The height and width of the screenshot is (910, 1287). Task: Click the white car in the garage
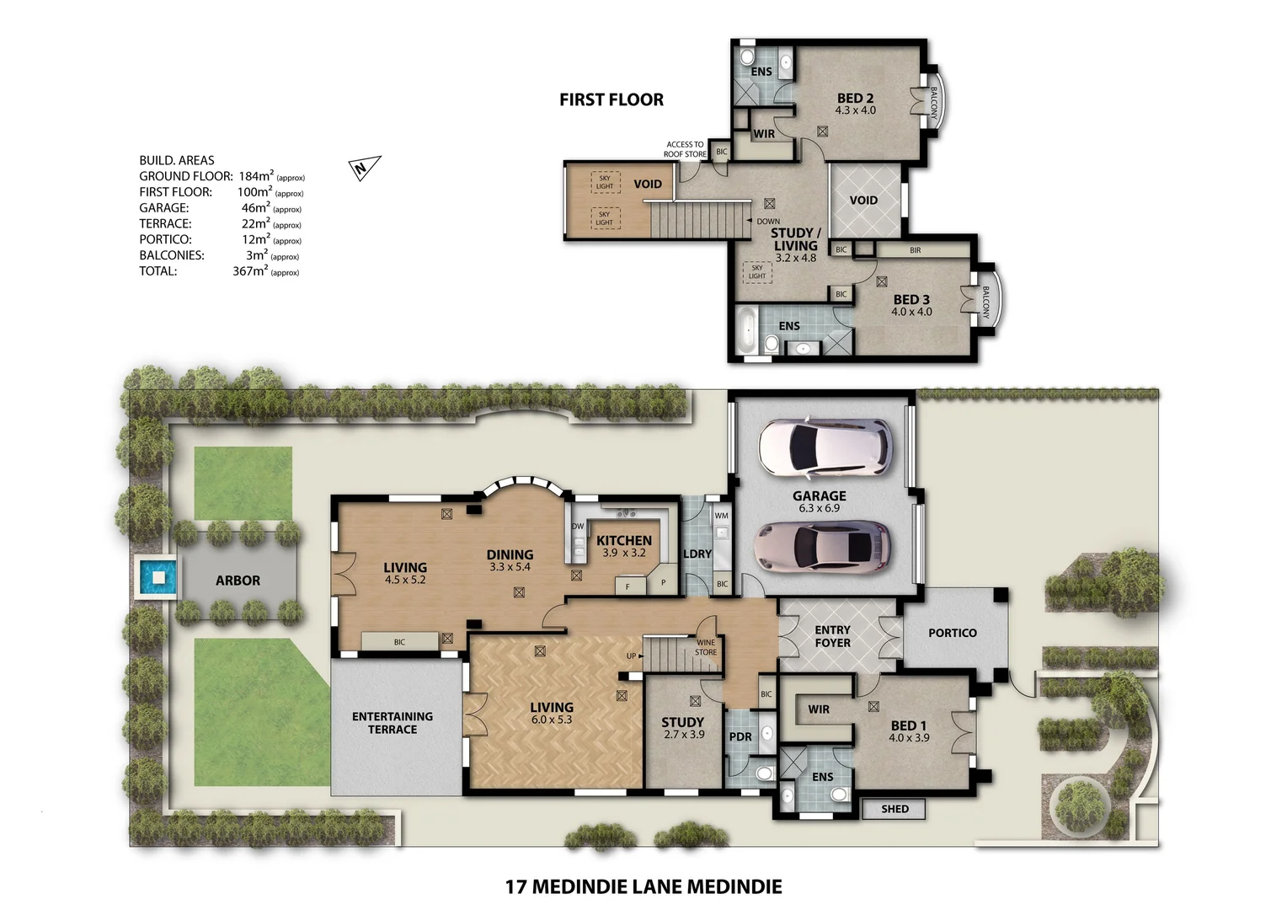point(822,447)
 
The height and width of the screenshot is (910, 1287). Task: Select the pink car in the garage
point(822,547)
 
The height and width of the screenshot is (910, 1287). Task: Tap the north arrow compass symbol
point(364,168)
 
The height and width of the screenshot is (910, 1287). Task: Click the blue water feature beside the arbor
point(156,578)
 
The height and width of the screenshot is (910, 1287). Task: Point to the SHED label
point(894,809)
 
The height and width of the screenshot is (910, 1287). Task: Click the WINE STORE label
point(706,647)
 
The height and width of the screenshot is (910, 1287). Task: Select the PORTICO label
point(952,633)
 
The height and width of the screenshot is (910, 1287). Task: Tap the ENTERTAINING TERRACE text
point(393,723)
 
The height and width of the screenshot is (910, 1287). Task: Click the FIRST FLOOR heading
point(611,99)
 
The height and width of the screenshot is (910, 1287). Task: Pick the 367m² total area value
point(250,271)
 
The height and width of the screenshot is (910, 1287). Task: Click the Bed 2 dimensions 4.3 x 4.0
point(855,110)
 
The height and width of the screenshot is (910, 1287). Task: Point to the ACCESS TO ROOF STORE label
point(685,149)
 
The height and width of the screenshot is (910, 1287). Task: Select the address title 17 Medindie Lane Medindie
point(643,886)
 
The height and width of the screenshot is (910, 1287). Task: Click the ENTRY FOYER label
point(832,636)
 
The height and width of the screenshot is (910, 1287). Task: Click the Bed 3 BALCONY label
point(985,302)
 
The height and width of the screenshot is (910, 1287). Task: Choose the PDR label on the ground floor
point(740,736)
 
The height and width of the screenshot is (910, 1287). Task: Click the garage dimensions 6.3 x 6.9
point(819,508)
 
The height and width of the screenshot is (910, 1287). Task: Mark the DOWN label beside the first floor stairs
point(767,222)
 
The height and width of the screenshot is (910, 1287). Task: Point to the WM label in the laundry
point(721,516)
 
